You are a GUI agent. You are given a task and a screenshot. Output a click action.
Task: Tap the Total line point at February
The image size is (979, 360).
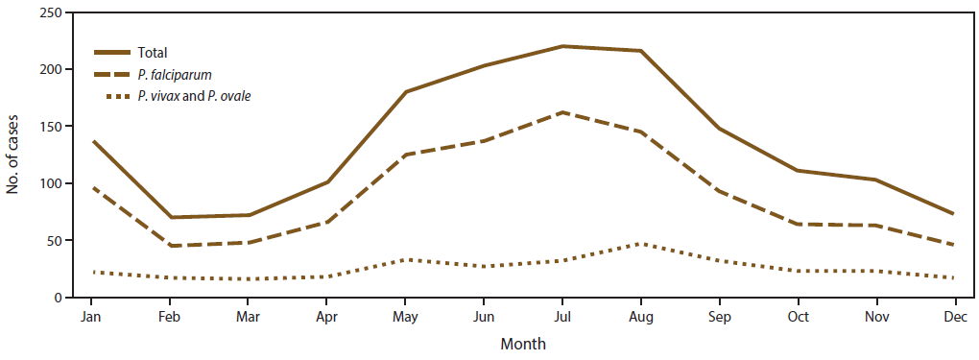point(171,217)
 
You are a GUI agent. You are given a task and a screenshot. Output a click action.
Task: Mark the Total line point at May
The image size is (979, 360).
point(406,92)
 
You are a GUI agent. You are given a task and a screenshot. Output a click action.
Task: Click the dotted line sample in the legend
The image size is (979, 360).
point(113,95)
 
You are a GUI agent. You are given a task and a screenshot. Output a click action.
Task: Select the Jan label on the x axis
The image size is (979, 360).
point(92,315)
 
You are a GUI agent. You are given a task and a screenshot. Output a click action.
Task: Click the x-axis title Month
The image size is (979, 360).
point(522,343)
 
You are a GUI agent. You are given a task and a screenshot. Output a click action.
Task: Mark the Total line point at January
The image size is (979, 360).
point(92,141)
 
